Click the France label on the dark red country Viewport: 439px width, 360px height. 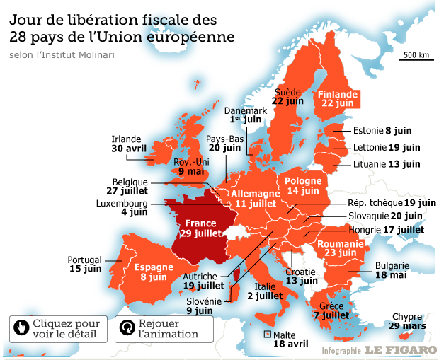200,223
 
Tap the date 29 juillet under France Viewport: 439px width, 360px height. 200,233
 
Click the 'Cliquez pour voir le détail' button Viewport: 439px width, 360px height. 59,329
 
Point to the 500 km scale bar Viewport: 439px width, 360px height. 416,57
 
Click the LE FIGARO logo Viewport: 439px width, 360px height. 401,350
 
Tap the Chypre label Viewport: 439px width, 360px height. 406,316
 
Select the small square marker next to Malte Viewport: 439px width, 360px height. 267,334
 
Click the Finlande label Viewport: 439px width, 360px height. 336,93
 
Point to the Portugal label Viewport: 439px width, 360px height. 84,259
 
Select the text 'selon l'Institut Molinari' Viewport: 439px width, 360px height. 62,54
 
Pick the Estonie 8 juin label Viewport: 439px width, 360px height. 382,130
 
